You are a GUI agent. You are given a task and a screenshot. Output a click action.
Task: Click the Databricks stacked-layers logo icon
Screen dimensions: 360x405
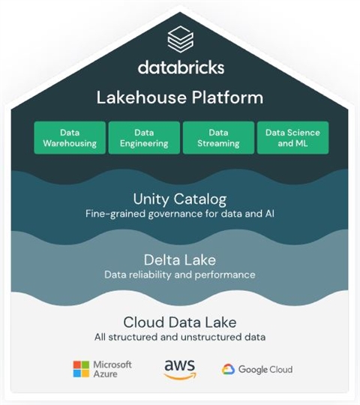coord(180,39)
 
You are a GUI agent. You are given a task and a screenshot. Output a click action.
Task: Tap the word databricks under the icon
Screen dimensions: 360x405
coord(181,67)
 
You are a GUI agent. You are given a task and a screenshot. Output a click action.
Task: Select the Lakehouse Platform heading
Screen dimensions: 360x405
coord(180,97)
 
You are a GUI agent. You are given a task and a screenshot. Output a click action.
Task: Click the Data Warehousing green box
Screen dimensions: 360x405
coord(70,138)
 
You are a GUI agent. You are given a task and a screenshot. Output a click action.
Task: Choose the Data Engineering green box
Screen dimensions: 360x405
coord(144,138)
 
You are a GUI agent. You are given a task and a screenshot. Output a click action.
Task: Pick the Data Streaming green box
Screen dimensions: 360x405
coord(218,138)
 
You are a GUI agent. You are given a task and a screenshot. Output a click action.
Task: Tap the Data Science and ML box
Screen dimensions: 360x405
coord(292,138)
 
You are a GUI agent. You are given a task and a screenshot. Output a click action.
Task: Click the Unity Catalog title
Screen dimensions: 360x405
coord(180,199)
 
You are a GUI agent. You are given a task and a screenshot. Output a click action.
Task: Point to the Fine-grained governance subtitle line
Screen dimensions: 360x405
coord(180,214)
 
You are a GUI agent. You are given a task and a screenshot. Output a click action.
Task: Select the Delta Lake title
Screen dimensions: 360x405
coord(180,259)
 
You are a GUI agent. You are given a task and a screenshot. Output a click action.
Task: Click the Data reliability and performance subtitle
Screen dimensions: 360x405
coord(180,274)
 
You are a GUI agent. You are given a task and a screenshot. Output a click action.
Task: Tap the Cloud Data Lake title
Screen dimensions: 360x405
coord(180,322)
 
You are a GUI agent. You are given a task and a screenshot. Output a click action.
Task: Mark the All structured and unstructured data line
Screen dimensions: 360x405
coord(180,337)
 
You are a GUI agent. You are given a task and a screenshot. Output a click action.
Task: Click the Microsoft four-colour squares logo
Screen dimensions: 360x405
coord(81,369)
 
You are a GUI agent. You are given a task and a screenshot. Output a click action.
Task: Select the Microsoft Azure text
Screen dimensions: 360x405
coord(112,369)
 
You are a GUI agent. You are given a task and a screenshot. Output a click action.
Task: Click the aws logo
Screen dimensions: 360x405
coord(180,370)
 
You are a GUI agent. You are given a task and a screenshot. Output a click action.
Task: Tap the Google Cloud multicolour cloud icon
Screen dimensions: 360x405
coord(228,369)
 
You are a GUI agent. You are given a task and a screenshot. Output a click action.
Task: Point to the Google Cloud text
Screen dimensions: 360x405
coord(265,369)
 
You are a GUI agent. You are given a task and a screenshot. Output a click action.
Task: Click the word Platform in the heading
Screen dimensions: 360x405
coord(227,97)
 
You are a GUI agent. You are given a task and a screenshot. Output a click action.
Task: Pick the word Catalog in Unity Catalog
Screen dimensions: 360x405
coord(200,199)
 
